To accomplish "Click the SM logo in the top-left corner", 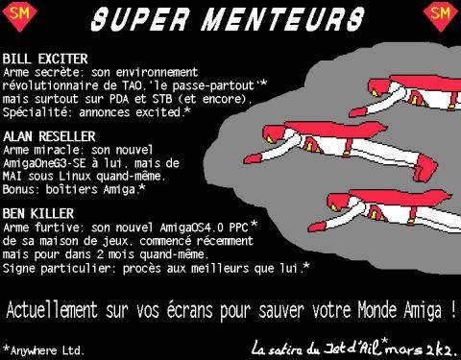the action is pos(20,16).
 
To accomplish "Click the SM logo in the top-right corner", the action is pos(441,16).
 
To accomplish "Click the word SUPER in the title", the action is pos(139,19).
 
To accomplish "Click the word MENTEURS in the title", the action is pos(283,19).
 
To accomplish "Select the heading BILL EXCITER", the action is pos(45,59).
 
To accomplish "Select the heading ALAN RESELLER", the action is pos(49,136).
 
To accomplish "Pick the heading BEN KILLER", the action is pos(38,214).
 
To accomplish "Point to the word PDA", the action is pos(119,99).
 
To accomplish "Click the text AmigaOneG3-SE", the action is pos(44,163).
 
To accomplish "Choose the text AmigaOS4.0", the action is pos(191,228).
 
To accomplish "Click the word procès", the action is pos(142,269).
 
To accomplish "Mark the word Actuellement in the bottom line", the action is pos(52,310).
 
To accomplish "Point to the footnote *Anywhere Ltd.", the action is pos(43,350).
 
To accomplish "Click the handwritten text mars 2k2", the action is pos(422,350).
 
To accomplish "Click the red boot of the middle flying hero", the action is pos(425,168).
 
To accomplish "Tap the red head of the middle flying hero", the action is pos(276,134).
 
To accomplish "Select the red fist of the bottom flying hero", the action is pos(319,226).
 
